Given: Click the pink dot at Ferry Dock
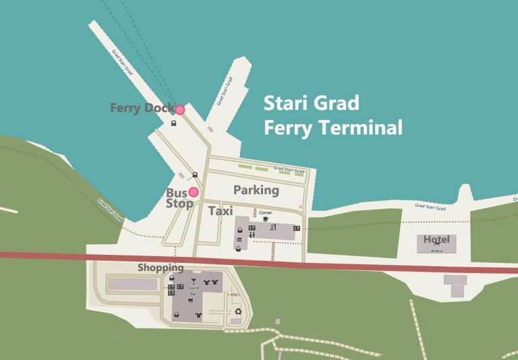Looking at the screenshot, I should (180, 109).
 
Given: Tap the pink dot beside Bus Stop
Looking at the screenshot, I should (194, 192).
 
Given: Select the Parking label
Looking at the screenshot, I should (256, 190).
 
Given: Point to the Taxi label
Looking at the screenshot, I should (221, 211).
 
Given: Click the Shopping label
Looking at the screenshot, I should (161, 268).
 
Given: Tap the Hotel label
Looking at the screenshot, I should (436, 240).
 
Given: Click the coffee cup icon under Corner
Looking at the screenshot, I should (266, 219).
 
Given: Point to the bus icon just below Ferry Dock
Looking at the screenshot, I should (174, 123).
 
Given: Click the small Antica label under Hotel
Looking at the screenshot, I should (436, 249).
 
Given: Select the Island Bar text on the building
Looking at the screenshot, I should (194, 291).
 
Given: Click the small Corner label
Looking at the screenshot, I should (266, 212).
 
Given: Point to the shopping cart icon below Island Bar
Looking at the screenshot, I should (198, 315).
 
